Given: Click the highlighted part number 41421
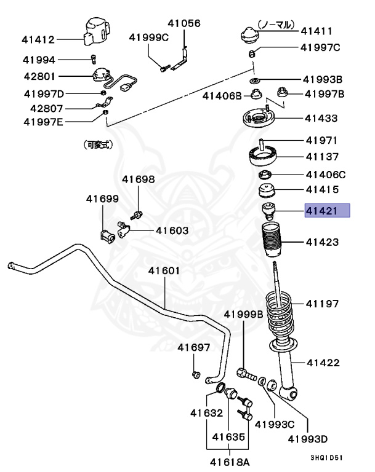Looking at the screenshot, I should point(327,211).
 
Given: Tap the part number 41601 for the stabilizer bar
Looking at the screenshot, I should point(163,271).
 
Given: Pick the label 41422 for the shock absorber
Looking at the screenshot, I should point(323,363).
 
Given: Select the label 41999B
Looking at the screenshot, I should point(243,314).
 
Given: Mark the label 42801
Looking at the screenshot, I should point(39,77).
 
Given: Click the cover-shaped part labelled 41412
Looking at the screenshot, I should point(95,31).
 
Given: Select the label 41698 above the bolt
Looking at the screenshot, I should point(138,179).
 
